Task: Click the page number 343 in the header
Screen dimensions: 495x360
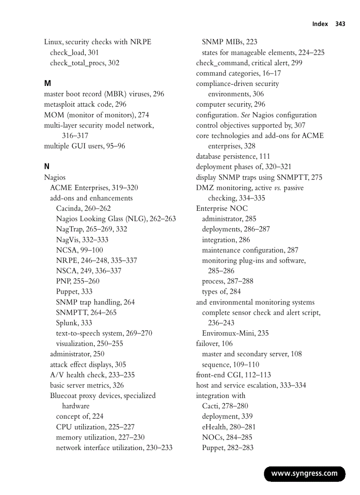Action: point(340,24)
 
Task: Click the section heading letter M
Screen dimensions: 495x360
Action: point(48,84)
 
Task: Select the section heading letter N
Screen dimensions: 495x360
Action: point(47,167)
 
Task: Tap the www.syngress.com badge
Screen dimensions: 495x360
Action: point(304,474)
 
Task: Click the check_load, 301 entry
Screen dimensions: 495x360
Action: point(74,52)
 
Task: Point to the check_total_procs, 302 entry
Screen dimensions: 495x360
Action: point(84,63)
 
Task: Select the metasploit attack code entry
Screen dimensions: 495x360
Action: point(85,104)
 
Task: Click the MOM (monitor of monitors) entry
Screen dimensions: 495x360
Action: point(97,115)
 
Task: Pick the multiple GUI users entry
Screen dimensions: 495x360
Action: point(84,146)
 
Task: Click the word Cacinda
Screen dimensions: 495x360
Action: point(69,208)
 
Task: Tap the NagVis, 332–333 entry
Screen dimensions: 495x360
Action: point(82,240)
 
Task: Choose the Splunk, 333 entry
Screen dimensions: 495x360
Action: point(74,323)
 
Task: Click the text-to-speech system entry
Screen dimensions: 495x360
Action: point(104,333)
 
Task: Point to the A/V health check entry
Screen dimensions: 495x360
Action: point(92,375)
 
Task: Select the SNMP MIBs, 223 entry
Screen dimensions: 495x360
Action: point(229,42)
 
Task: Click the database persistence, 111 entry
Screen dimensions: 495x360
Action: point(233,156)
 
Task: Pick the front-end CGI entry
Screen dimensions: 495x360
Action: point(233,375)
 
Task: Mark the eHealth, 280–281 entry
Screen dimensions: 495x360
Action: point(229,427)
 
